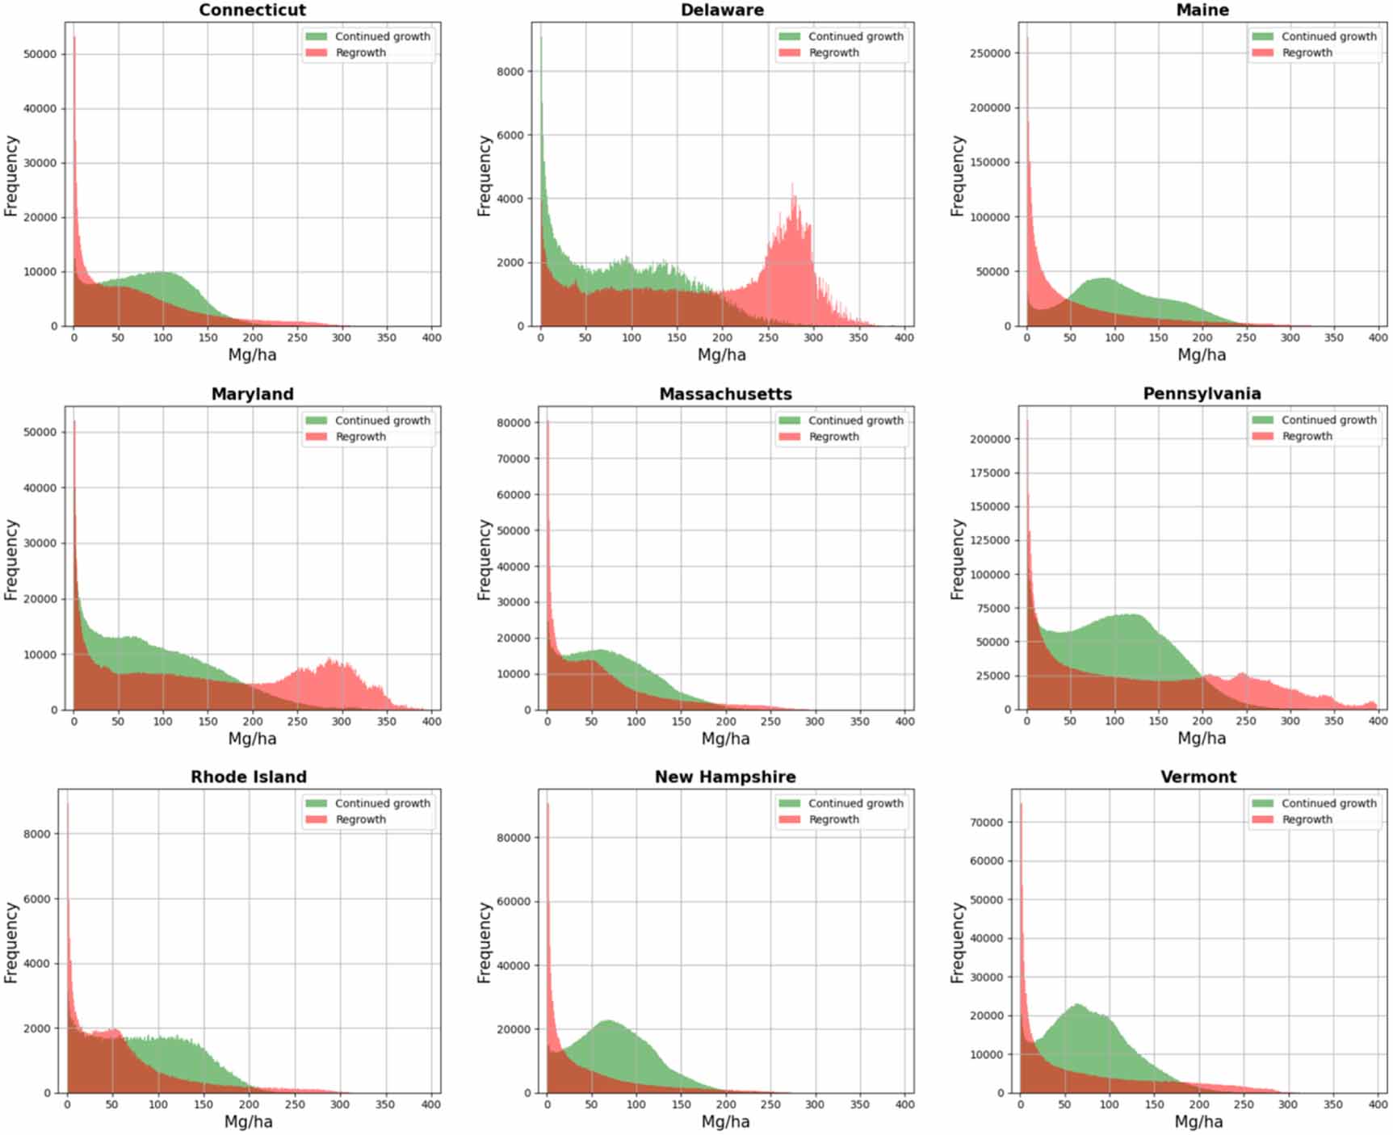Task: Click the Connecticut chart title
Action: click(x=252, y=10)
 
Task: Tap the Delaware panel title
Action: click(x=722, y=10)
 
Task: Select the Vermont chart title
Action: click(x=1198, y=777)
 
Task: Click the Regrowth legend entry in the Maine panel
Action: click(x=1307, y=52)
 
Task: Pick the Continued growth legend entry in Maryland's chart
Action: click(x=382, y=421)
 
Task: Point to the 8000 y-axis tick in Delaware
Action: click(x=510, y=72)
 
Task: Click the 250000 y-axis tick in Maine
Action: click(x=990, y=53)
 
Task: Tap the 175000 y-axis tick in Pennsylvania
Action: click(x=990, y=473)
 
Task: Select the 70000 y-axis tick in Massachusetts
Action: click(x=514, y=459)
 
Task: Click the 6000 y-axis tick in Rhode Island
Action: click(x=37, y=898)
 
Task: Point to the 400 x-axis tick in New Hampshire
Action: click(x=904, y=1104)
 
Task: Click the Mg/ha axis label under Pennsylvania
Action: click(x=1202, y=738)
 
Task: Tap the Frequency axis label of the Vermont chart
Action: click(x=958, y=942)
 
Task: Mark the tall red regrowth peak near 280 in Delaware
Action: click(x=794, y=198)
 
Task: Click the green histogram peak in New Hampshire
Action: click(x=608, y=1023)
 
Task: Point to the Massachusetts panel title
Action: click(x=725, y=394)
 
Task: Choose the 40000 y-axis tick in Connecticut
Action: click(x=40, y=109)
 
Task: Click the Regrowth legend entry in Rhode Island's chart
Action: click(x=360, y=819)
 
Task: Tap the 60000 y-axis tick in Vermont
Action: click(x=987, y=861)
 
